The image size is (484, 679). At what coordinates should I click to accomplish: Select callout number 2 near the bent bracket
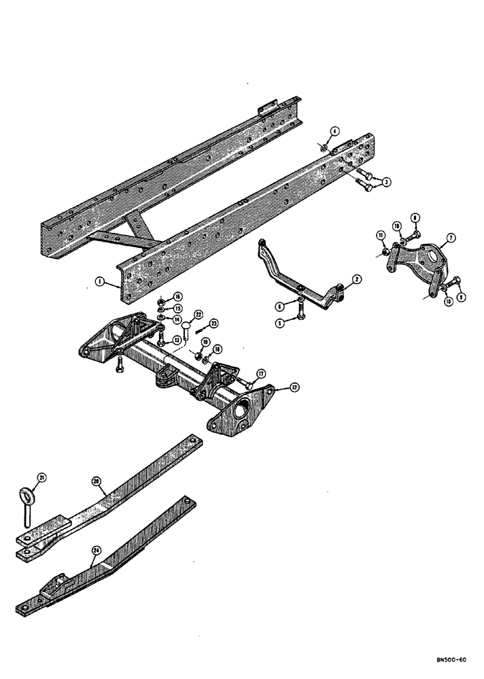(x=357, y=279)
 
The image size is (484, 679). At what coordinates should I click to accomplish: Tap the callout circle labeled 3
(x=385, y=181)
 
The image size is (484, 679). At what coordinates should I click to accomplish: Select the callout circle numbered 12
(x=275, y=389)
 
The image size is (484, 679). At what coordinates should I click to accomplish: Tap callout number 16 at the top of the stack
(x=177, y=296)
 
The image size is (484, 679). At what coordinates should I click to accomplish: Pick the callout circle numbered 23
(x=213, y=324)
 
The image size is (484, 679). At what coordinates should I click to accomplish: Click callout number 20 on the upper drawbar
(x=96, y=481)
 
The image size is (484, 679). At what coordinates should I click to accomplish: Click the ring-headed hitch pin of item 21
(x=27, y=506)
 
